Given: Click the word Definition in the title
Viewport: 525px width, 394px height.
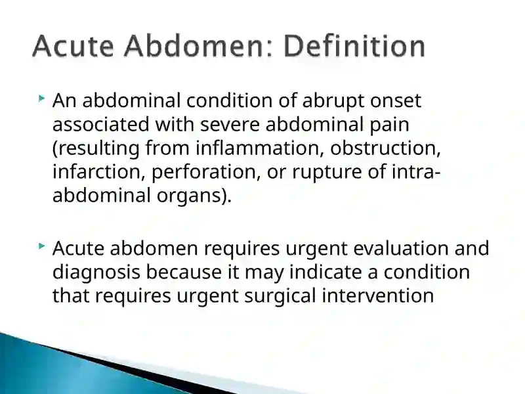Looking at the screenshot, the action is (x=354, y=46).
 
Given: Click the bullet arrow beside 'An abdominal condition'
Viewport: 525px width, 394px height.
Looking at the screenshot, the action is (x=41, y=98).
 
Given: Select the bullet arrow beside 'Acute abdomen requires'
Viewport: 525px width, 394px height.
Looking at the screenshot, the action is (x=41, y=246).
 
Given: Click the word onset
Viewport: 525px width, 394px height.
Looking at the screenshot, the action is (x=396, y=102).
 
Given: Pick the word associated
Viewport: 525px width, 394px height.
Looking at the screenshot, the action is (x=101, y=124).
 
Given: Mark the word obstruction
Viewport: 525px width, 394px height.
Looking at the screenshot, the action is (x=385, y=148).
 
